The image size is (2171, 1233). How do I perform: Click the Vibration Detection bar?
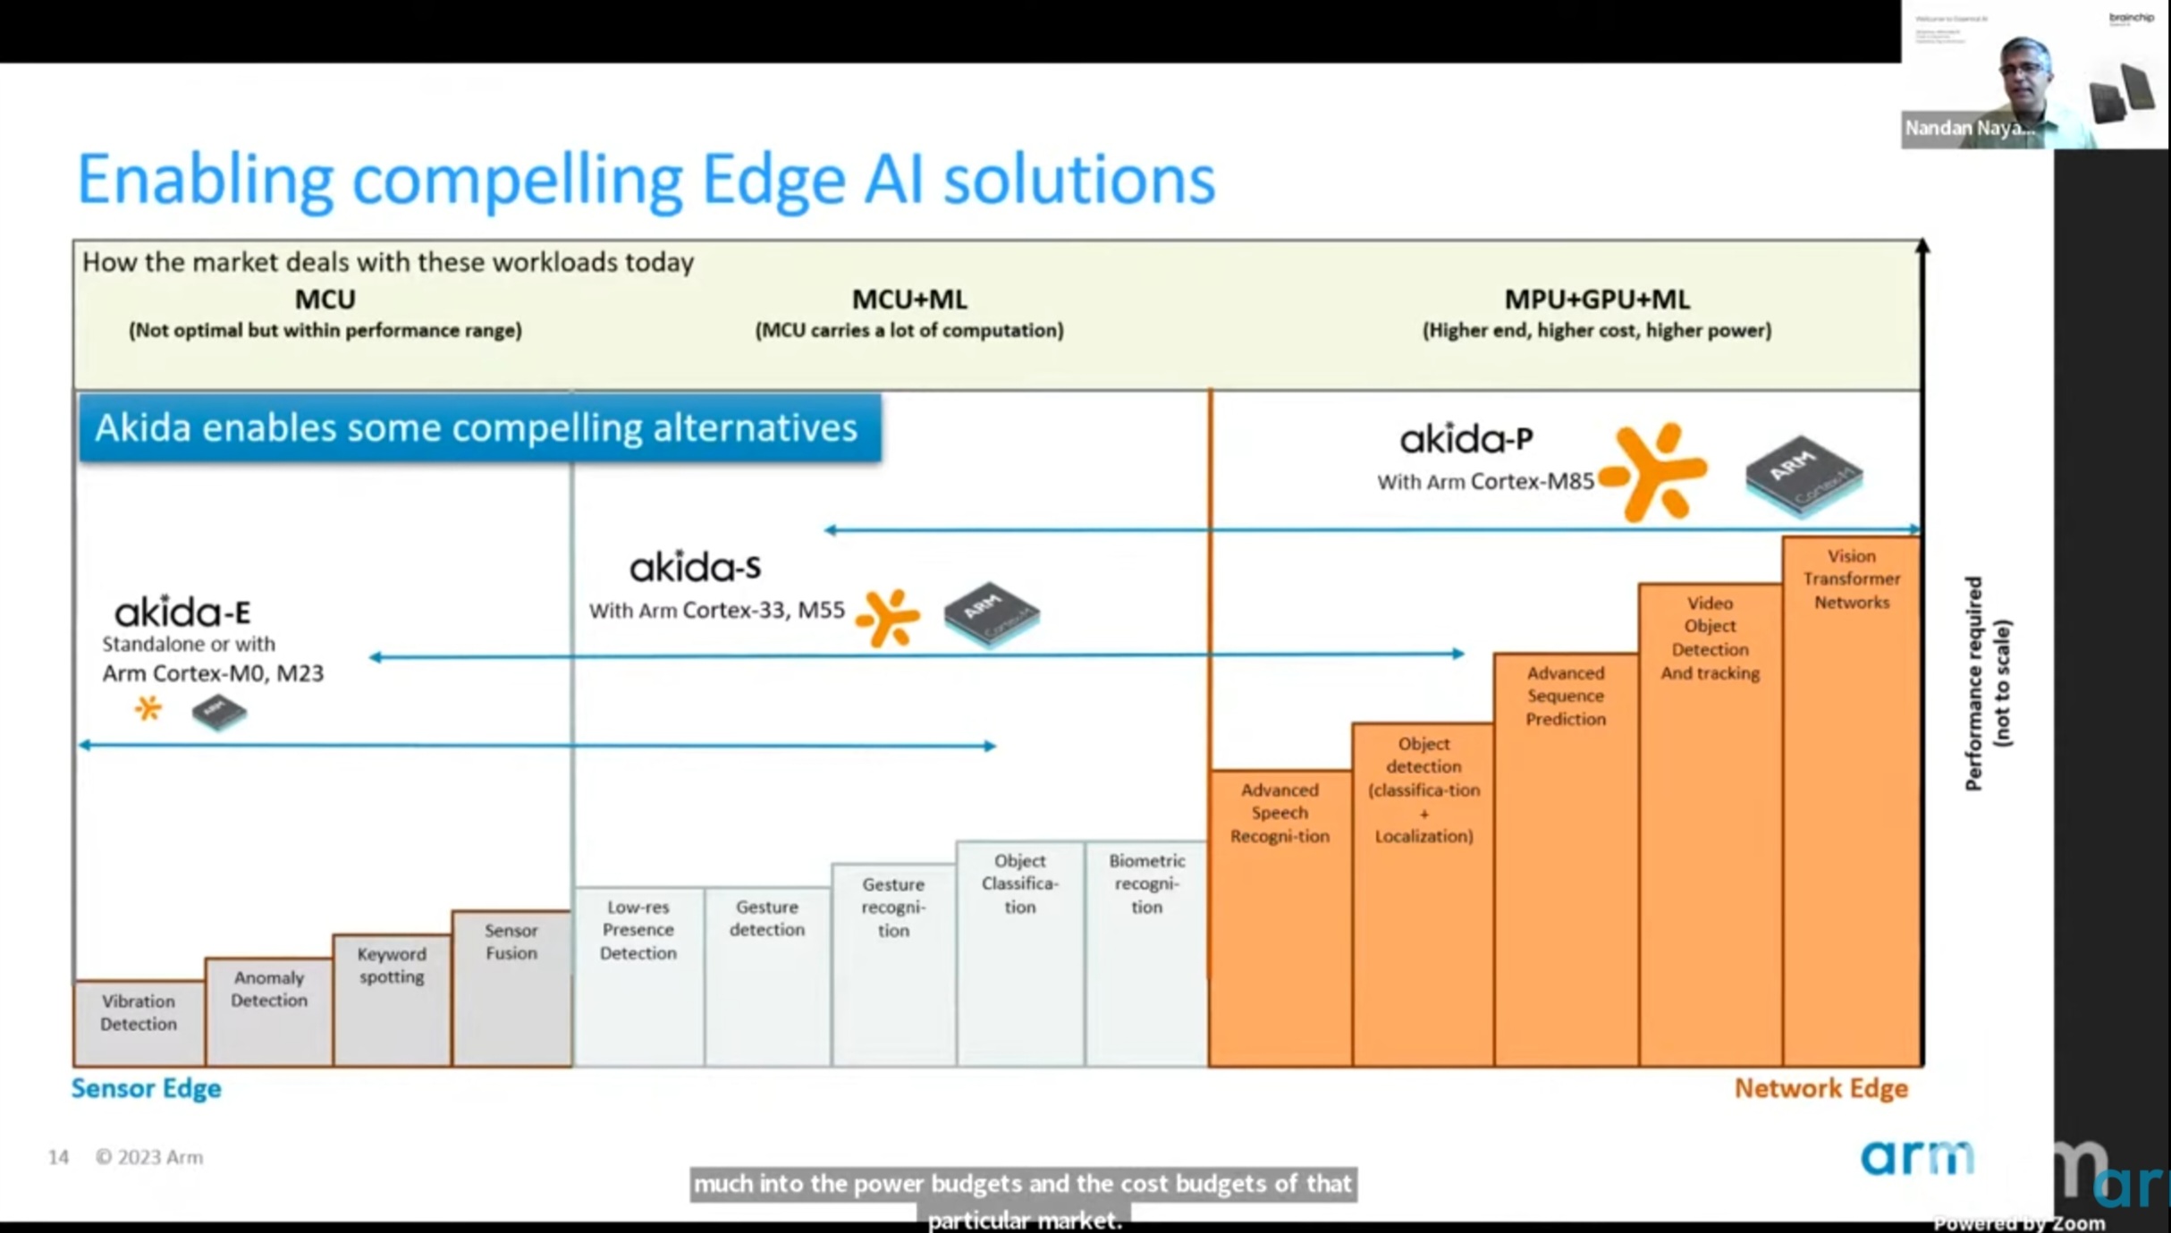coord(139,1022)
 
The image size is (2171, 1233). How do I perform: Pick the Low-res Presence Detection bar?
coord(638,975)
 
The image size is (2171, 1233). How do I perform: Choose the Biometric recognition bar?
coord(1146,951)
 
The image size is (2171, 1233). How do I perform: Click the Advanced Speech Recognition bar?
coord(1280,916)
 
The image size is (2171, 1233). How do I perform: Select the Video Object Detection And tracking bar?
coord(1710,823)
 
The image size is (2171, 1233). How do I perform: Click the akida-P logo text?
coord(1466,439)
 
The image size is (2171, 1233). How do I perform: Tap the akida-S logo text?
coord(695,567)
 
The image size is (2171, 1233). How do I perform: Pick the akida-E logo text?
coord(182,612)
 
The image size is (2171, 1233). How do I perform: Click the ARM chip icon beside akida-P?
coord(1804,475)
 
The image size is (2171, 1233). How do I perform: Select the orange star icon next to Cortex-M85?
coord(1655,471)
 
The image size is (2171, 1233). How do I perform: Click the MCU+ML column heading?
coord(909,299)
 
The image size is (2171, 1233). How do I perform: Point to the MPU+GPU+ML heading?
coord(1597,299)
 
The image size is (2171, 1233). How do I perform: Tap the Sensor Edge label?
coord(147,1088)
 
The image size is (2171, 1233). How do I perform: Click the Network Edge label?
coord(1820,1088)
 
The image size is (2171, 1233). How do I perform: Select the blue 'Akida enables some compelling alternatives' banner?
coord(479,427)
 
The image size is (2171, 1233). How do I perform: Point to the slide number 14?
coord(58,1157)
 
